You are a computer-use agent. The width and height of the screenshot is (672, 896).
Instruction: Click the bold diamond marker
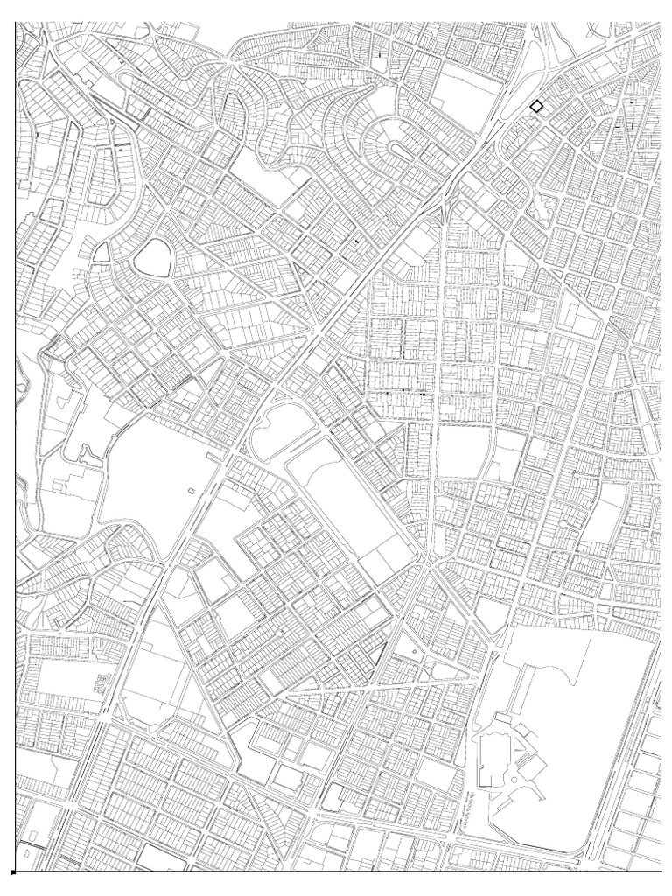coord(536,106)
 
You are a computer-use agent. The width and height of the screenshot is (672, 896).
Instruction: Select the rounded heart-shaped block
coord(152,257)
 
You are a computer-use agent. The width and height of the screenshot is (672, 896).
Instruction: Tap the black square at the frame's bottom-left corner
coord(12,872)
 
